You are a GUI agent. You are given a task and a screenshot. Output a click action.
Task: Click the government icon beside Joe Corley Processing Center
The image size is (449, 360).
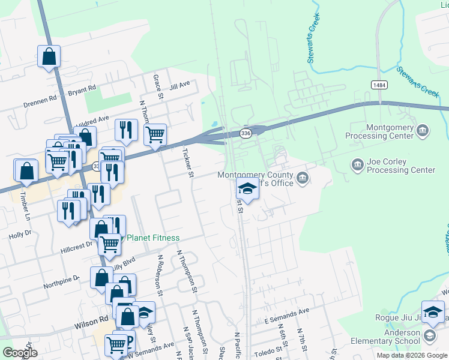[x=357, y=164]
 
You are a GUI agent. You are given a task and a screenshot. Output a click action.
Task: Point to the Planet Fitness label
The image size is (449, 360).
[x=153, y=238]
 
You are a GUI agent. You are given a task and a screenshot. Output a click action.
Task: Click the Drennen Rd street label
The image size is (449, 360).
[x=40, y=100]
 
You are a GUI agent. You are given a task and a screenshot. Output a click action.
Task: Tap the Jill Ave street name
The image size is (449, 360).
[x=179, y=86]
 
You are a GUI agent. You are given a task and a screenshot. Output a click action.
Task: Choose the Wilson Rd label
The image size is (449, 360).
[x=91, y=323]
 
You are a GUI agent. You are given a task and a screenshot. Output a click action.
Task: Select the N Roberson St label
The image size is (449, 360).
[x=160, y=276]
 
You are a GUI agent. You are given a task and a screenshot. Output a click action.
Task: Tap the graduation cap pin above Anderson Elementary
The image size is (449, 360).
[x=433, y=312]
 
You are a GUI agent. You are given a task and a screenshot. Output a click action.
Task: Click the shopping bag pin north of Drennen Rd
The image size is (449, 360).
[x=49, y=57]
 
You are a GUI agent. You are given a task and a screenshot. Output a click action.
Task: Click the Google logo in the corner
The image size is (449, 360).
[x=20, y=353]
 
